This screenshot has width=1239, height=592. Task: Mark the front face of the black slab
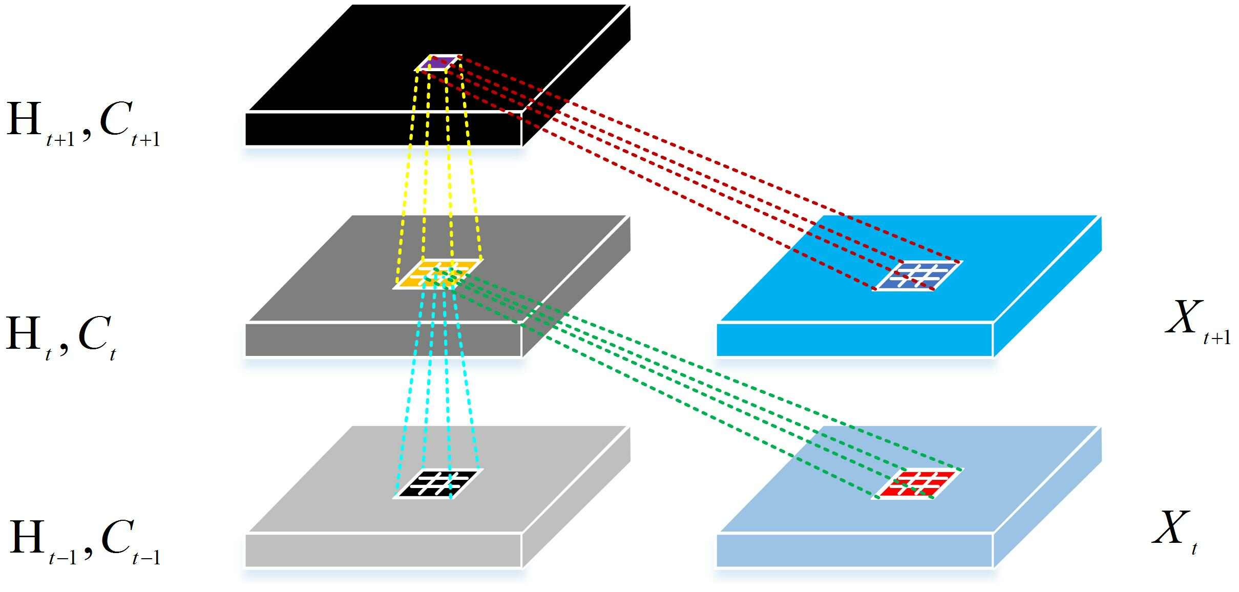[x=383, y=129]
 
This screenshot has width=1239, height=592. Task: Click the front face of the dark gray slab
[x=383, y=340]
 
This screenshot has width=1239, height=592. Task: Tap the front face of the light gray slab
[x=383, y=551]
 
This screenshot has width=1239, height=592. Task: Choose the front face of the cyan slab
[x=854, y=340]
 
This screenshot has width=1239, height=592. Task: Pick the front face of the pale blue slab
[x=854, y=551]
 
